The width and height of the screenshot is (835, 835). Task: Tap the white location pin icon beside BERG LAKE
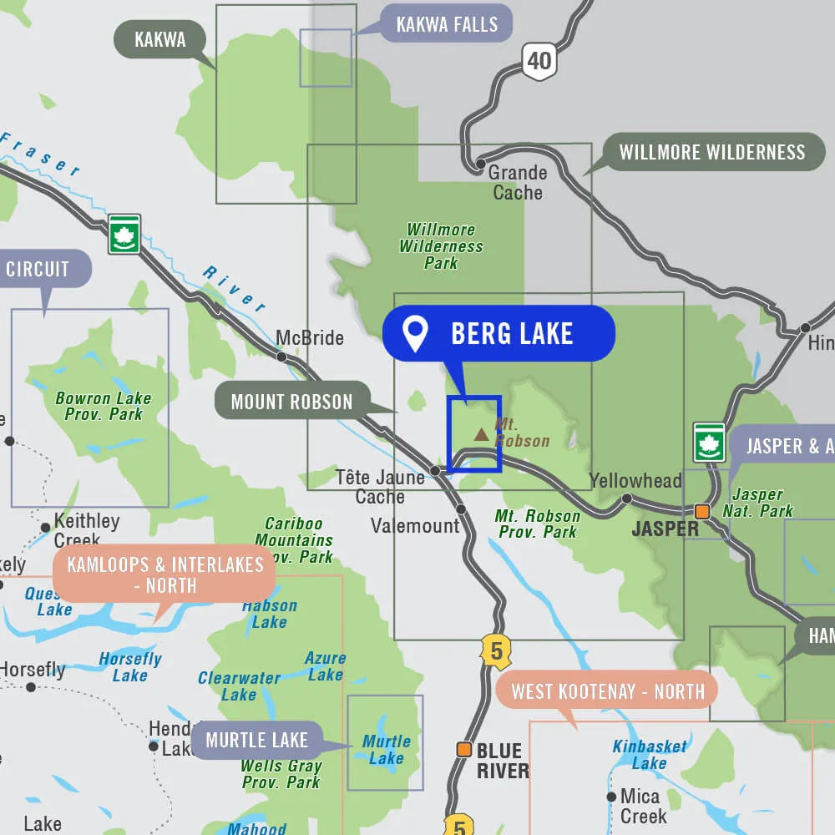tap(415, 333)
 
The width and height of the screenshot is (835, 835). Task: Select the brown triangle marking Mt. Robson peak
tap(481, 434)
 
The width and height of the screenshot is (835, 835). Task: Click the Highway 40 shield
tap(539, 61)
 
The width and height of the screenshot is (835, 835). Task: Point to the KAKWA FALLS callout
tap(446, 24)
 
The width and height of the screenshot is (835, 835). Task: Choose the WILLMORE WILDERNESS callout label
tap(712, 152)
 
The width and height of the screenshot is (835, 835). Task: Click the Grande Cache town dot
tap(480, 164)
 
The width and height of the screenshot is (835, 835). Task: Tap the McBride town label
tap(310, 338)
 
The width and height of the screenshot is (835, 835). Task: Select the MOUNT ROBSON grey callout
tap(291, 402)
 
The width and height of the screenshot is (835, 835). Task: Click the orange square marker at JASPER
tap(703, 511)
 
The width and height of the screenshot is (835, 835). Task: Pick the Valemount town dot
tap(461, 509)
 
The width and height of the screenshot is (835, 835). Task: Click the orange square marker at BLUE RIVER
tap(463, 749)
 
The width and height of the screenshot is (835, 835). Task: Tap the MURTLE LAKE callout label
tap(256, 740)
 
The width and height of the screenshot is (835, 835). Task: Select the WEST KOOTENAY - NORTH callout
tap(608, 691)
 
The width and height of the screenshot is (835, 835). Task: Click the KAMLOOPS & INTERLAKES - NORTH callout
tap(165, 575)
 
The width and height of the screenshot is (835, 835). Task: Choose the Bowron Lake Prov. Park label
tap(103, 406)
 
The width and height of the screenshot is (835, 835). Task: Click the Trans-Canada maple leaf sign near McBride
tap(124, 235)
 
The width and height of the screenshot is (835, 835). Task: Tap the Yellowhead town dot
tap(626, 498)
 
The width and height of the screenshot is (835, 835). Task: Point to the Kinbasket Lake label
tap(650, 755)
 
